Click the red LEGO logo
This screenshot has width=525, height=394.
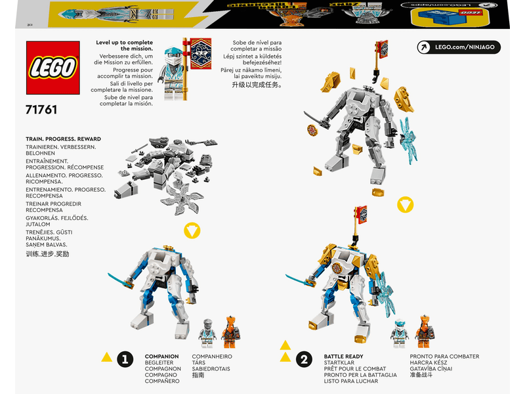coord(52,68)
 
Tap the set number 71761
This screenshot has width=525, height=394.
coord(41,110)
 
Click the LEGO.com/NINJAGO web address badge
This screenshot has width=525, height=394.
coord(459,47)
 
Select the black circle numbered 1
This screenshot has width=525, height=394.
coord(125,359)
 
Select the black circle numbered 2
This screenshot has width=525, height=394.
coord(303,359)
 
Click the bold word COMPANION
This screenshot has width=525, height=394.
coord(161,357)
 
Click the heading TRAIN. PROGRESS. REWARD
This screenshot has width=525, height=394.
coord(63,139)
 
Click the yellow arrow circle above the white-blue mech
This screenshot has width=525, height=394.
coord(192,231)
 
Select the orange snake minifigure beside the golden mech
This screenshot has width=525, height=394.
coord(425,332)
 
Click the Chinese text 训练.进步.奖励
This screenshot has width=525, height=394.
coord(47,253)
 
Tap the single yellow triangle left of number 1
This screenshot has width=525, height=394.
coord(106,357)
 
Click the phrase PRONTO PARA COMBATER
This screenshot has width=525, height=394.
coord(444,357)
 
